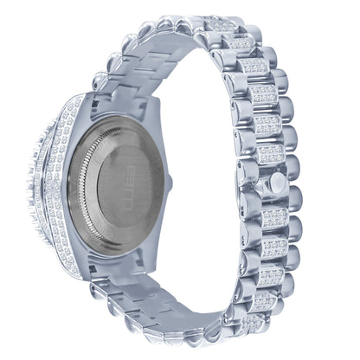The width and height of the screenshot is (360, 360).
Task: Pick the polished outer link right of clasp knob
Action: pyautogui.click(x=290, y=184)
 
